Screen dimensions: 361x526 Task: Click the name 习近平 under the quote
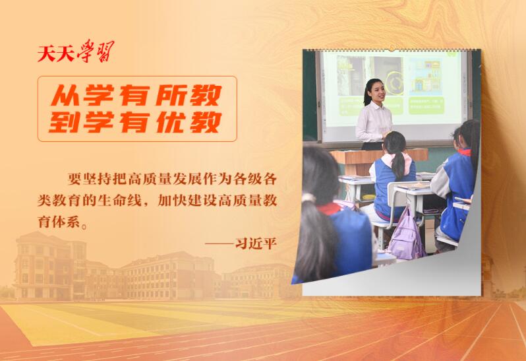[x=256, y=244]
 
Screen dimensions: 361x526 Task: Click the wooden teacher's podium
[x=359, y=158]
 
